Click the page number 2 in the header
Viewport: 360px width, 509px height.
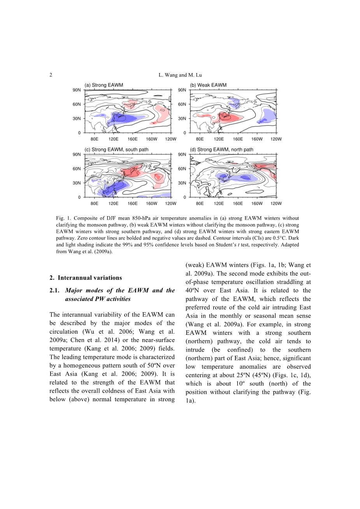pos(51,75)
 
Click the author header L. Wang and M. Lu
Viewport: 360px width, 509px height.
pos(180,75)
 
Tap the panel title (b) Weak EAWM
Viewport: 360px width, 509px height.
pos(208,85)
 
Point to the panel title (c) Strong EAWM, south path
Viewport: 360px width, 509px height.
pos(116,149)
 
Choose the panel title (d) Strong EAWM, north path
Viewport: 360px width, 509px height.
pos(221,149)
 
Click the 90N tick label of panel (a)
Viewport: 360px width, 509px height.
pos(77,90)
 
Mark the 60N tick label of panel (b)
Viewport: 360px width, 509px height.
pos(182,104)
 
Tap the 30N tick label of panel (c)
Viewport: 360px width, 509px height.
pos(77,183)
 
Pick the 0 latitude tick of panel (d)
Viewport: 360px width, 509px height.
pos(184,197)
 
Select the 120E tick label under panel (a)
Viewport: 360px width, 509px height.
pos(113,139)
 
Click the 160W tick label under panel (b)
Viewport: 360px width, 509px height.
pos(257,139)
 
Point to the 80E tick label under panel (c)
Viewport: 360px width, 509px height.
pos(94,203)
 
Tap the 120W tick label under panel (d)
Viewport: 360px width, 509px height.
pos(276,203)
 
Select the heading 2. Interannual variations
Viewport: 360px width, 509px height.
pos(86,278)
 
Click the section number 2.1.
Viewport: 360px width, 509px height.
pos(55,290)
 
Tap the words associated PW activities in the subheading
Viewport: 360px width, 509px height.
pos(98,299)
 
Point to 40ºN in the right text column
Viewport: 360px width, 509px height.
pos(192,290)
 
